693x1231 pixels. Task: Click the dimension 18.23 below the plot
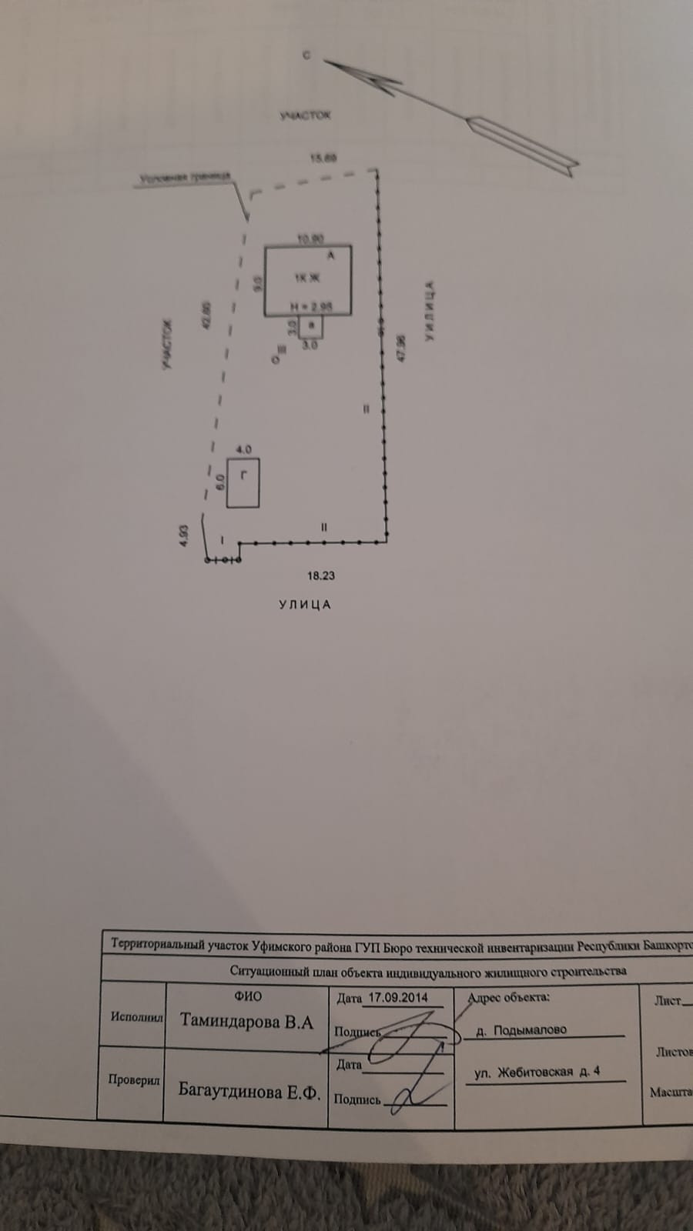321,575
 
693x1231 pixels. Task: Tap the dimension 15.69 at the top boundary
323,158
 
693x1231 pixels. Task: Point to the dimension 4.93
183,535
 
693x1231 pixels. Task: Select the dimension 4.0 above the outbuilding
243,449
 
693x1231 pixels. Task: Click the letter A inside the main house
331,255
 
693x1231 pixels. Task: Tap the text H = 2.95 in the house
311,306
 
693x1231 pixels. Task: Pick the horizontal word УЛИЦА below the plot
305,605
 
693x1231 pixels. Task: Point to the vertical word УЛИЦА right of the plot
430,311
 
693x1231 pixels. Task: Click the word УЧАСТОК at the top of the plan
305,115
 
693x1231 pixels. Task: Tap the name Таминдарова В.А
247,1022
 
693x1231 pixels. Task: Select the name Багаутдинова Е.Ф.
249,1091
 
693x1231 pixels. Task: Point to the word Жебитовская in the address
535,1073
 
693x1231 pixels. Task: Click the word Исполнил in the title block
136,1016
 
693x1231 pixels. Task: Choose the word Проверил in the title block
134,1080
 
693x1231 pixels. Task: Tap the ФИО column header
248,996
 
